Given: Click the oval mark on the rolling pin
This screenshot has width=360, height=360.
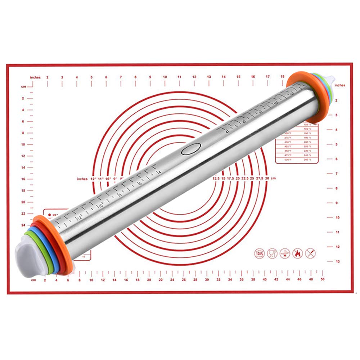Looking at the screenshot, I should click(x=191, y=149).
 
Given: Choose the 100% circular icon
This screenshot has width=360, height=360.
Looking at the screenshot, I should click(x=259, y=253).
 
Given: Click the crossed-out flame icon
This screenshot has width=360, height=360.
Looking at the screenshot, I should click(x=297, y=253).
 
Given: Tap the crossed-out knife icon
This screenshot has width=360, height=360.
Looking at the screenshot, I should click(x=310, y=253).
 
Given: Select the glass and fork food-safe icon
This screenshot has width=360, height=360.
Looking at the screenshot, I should click(x=272, y=253).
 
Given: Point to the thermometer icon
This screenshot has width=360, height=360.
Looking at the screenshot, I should click(x=285, y=253).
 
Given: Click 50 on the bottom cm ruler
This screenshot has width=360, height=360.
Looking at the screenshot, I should click(x=322, y=279).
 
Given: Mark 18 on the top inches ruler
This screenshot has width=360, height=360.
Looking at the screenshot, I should click(x=282, y=77).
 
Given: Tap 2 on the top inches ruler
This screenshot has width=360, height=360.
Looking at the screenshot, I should click(x=48, y=77).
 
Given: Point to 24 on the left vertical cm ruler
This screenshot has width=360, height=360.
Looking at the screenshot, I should click(x=23, y=225).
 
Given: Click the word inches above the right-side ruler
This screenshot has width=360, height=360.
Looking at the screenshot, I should click(x=339, y=85).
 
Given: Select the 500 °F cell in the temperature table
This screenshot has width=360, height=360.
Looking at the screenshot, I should click(x=287, y=159).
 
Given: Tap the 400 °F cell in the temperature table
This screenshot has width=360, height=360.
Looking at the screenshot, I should click(x=287, y=142).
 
